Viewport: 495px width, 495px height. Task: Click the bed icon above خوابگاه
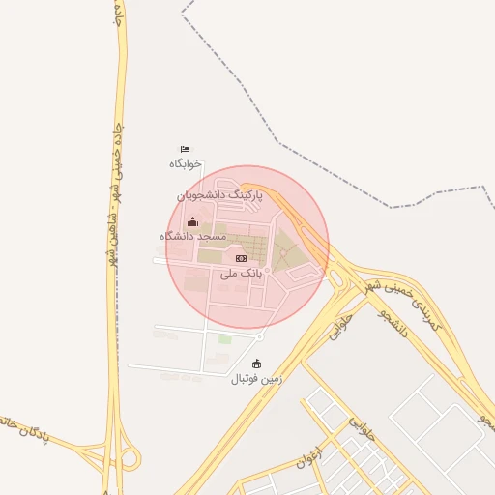click(x=185, y=149)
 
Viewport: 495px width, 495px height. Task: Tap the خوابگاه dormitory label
click(x=185, y=163)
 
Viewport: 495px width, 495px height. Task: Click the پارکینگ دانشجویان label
click(x=219, y=195)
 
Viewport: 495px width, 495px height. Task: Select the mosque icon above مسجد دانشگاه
click(x=192, y=221)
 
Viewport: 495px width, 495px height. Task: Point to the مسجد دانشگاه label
click(x=192, y=236)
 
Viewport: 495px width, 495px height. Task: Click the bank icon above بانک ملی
click(x=241, y=258)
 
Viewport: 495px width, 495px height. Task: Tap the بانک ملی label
click(x=241, y=274)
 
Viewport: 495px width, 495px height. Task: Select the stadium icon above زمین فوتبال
click(x=256, y=364)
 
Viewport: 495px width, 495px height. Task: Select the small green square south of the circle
click(x=225, y=339)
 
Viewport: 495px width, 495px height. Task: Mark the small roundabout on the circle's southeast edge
click(x=260, y=335)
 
